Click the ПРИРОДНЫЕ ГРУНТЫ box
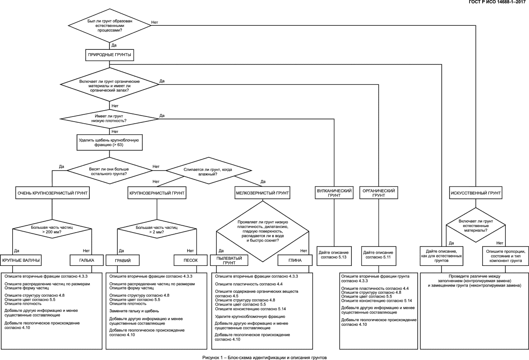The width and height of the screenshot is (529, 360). coord(109,55)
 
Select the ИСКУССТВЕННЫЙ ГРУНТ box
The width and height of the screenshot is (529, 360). coord(475,193)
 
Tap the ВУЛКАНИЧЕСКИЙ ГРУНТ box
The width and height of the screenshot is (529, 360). coord(334,193)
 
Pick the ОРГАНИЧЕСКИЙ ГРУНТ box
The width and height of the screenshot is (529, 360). coord(378,193)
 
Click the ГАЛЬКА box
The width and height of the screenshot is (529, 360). coord(86,260)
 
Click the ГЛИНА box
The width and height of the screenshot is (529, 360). coord(295,260)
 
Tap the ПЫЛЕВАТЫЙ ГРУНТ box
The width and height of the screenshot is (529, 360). coord(228,260)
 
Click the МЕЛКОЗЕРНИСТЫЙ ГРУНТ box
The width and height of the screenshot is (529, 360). coord(262,193)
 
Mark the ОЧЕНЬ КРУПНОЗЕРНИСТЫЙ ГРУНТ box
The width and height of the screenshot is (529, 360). coord(52,193)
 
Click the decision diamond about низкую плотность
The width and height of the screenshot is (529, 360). coord(109,119)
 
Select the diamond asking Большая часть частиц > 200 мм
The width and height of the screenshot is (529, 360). coord(52,229)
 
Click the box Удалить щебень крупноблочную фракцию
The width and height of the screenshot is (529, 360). coord(109,143)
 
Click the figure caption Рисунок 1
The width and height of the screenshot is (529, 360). coord(264,357)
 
